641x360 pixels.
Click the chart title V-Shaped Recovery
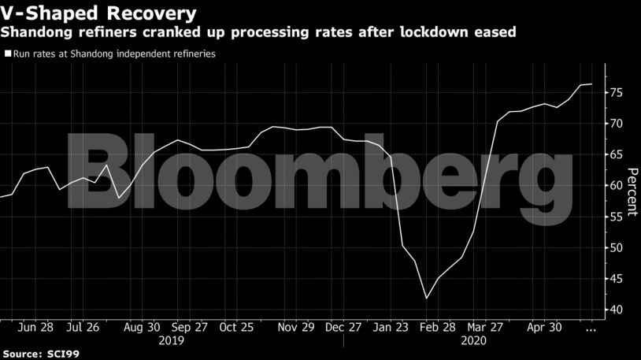pyautogui.click(x=98, y=13)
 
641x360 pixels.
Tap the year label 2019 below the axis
pyautogui.click(x=172, y=340)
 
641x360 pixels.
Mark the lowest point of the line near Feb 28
pyautogui.click(x=427, y=299)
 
